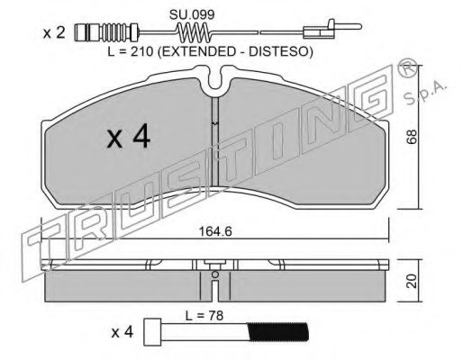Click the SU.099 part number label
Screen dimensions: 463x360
pos(192,14)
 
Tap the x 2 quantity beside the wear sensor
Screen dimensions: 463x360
pos(54,32)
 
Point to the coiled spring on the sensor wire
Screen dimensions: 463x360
pos(195,32)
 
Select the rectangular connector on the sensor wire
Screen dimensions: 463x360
pos(318,32)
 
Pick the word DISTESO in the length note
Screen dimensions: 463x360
pos(277,52)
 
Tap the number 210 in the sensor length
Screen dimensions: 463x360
pos(141,52)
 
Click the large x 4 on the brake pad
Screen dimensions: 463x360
pos(129,137)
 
